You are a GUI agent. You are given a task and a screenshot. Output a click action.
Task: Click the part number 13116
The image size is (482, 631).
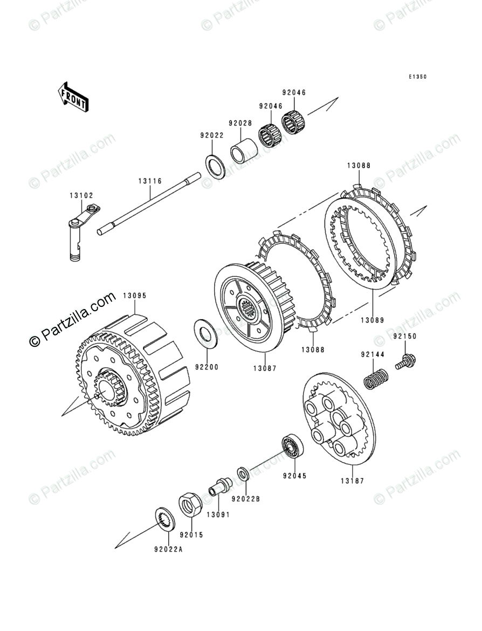click(149, 182)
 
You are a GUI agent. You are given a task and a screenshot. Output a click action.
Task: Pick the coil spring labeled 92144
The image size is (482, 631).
click(376, 378)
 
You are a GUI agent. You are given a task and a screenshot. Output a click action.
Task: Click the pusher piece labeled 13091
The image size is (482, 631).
click(218, 486)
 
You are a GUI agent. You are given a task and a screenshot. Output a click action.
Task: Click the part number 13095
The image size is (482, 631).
click(135, 296)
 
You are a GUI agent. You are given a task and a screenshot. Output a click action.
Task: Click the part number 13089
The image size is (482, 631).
click(373, 320)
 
